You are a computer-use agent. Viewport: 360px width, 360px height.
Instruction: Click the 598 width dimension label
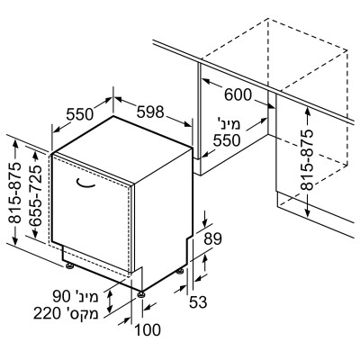coord(150,112)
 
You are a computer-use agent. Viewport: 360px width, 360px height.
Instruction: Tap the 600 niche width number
coord(238,95)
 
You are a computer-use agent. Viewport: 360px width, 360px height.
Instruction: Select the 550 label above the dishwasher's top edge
coord(80,114)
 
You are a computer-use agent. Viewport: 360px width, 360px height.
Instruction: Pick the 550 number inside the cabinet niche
coord(227,140)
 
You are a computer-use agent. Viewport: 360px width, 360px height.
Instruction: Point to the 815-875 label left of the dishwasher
coord(15,193)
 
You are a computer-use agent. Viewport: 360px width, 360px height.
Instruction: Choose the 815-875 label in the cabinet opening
coord(307,160)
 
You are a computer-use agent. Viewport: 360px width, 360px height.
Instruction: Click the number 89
coord(212,238)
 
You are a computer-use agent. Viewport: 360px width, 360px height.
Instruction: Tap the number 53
coord(198,302)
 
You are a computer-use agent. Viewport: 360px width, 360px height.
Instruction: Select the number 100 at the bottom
coord(148,330)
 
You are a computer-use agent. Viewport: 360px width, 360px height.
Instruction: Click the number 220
coord(47,314)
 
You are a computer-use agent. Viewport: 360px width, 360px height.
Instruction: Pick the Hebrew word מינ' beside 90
coord(86,297)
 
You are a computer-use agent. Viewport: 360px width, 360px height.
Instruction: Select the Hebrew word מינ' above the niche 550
coord(229,124)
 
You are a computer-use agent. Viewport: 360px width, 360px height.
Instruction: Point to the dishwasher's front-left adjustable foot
coord(70,265)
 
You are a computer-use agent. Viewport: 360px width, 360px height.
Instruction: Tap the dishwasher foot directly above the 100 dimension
coord(141,294)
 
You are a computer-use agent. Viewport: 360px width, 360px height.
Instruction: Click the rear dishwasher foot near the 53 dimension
coord(180,271)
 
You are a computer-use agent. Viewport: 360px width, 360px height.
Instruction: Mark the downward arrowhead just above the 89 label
coord(205,223)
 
